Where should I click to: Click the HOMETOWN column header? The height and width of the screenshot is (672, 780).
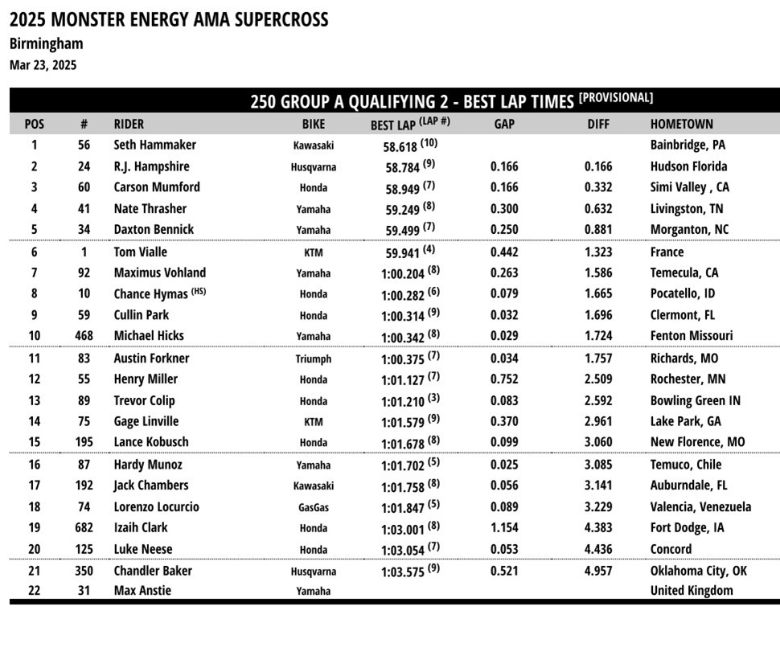coord(681,124)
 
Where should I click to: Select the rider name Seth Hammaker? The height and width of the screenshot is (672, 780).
coord(154,145)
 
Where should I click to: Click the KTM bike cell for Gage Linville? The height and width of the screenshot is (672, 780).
coord(313,422)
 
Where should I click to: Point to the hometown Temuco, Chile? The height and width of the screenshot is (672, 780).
coord(686,464)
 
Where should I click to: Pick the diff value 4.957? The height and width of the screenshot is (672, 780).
coord(598,571)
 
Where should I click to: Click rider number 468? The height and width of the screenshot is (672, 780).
coord(84,336)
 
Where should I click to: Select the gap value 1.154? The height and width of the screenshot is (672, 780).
coord(504,528)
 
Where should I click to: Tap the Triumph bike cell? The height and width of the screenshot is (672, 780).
coord(313,359)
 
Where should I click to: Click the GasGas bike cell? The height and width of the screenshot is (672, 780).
coord(313,507)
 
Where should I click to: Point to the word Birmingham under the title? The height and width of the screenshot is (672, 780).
coord(46,43)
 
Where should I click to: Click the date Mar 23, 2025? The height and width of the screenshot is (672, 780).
coord(43,65)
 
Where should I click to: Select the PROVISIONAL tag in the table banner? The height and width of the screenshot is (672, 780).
coord(615,98)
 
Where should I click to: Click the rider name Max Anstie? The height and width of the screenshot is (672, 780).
coord(142,591)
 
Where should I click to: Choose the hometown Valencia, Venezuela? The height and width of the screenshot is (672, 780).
coord(700,506)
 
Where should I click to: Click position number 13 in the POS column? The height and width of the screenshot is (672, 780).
coord(35,400)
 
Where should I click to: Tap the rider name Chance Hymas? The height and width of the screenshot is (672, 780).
coord(150,294)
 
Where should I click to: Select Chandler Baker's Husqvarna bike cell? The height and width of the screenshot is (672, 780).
coord(313,572)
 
